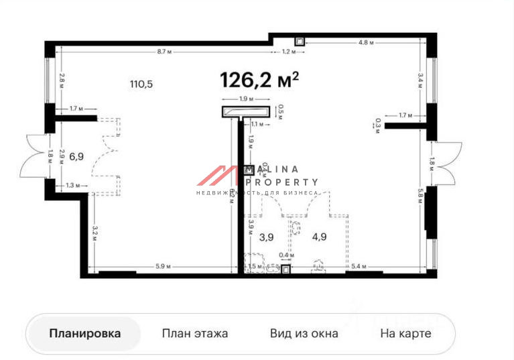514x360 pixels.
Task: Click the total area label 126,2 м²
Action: tap(259, 80)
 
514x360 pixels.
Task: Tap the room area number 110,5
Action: tap(141, 84)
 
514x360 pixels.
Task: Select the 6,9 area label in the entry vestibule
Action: tap(76, 156)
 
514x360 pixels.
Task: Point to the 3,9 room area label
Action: tap(267, 237)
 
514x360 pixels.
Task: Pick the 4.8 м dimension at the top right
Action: tap(365, 42)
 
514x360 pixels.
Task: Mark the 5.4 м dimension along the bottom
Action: tap(360, 267)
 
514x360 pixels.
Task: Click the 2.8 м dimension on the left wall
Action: tap(60, 81)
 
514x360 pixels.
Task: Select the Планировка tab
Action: tap(84, 333)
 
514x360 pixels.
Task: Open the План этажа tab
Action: tap(195, 333)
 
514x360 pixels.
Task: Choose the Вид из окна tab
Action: tap(304, 333)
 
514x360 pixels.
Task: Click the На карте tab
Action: tap(405, 333)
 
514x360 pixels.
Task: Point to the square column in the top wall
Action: tap(300, 41)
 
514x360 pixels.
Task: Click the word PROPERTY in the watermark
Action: tap(281, 182)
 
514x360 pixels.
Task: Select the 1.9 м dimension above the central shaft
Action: tap(245, 99)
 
